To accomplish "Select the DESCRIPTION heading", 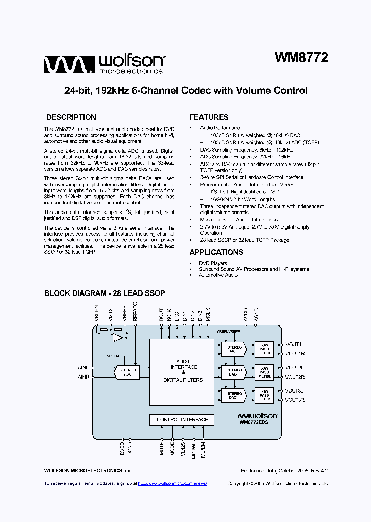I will [71, 117].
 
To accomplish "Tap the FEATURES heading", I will [209, 117].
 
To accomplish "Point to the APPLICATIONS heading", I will [216, 252].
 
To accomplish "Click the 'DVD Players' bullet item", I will [212, 263].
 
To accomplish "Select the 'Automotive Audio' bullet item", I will [218, 275].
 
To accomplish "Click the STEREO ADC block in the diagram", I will [127, 372].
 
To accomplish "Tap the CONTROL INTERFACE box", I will [182, 420].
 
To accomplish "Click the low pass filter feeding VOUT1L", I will [264, 348].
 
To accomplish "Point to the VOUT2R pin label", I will [295, 377].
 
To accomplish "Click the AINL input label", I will [83, 368].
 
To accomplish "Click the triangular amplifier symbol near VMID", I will [118, 339].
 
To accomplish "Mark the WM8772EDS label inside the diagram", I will [257, 422].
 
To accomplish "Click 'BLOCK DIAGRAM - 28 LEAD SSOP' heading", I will [105, 293].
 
